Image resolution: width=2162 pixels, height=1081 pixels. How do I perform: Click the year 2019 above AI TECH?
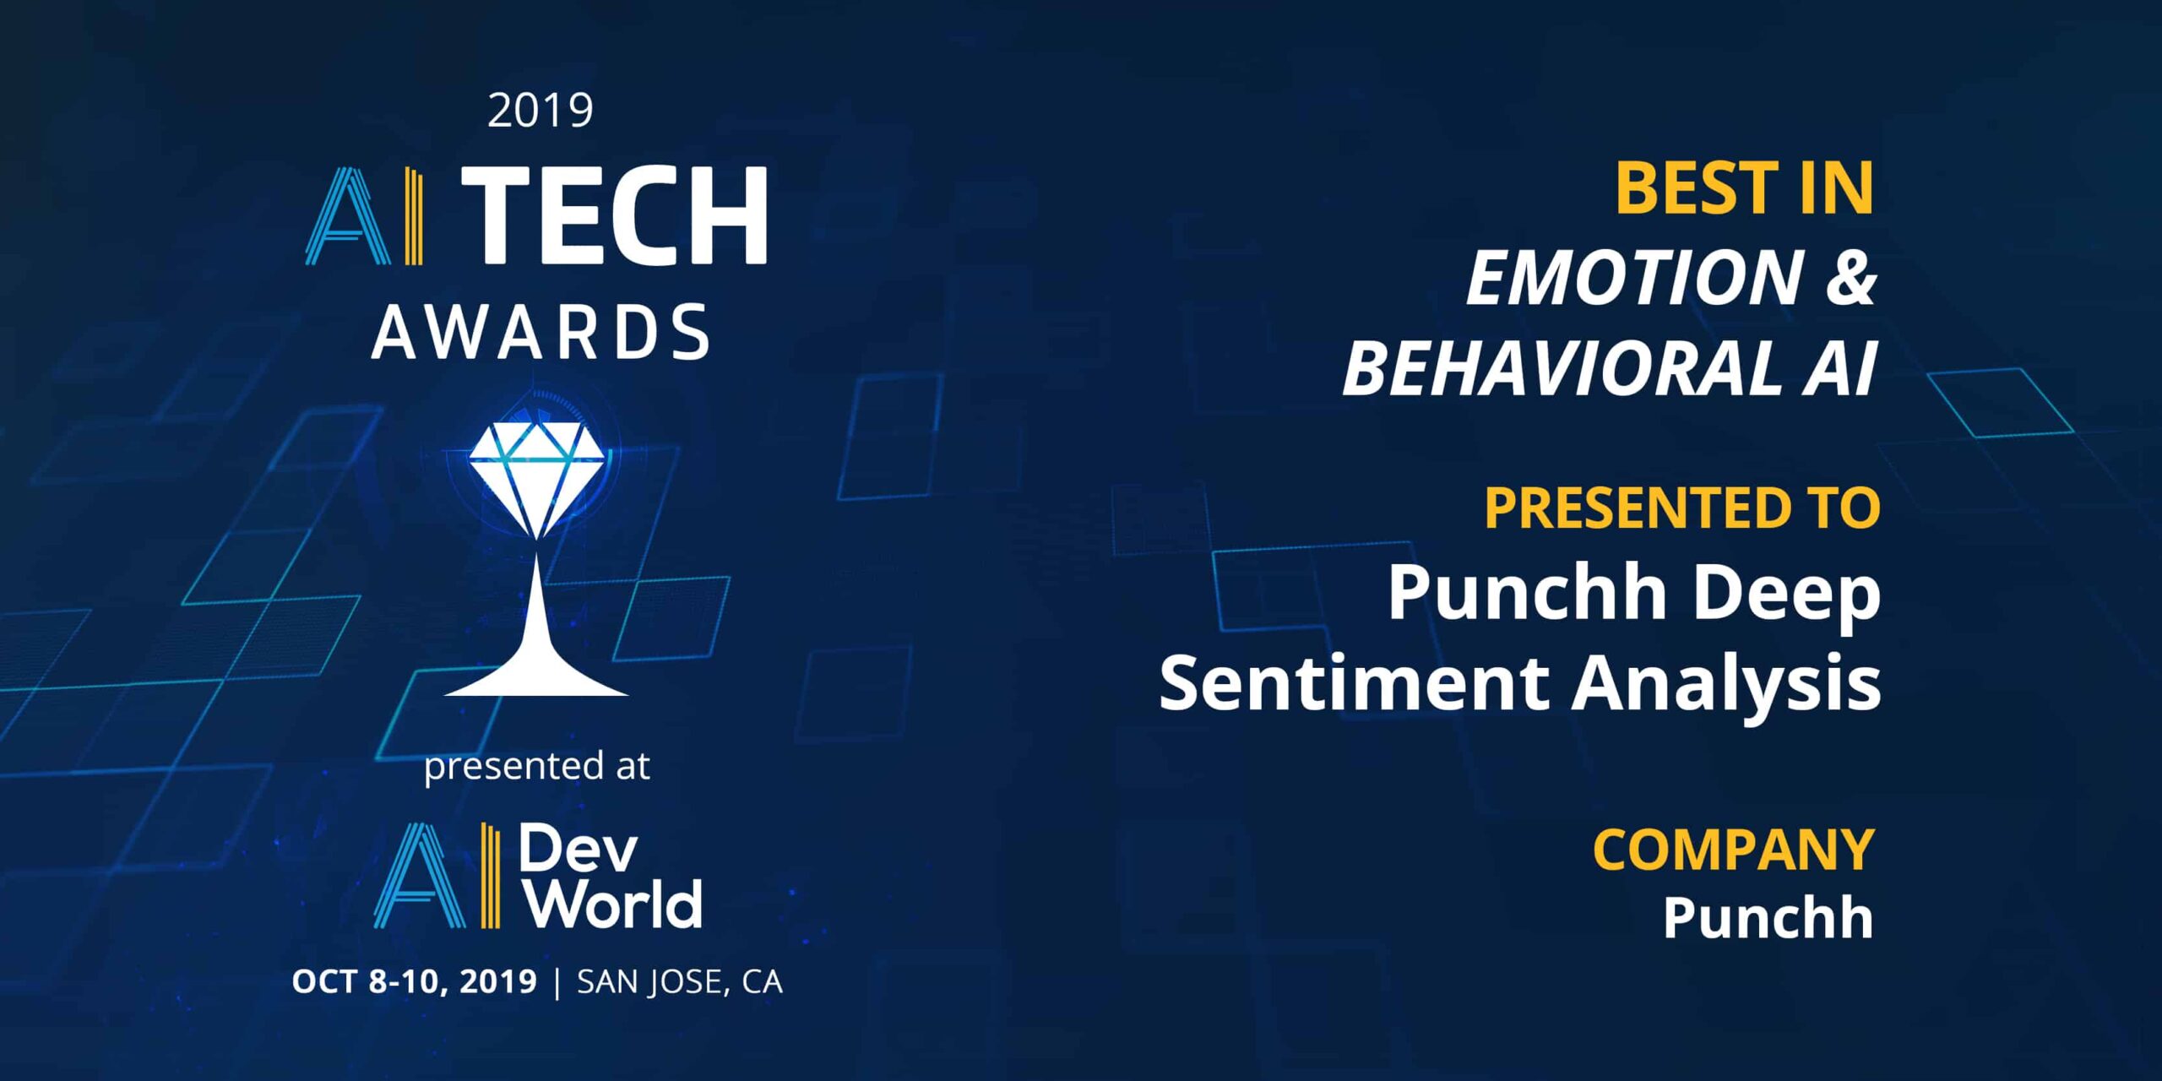point(540,111)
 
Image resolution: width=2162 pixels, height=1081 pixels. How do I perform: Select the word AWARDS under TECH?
point(540,332)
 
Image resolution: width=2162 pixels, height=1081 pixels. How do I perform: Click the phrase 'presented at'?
point(537,767)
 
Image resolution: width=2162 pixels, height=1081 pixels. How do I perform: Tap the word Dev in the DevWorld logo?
point(578,848)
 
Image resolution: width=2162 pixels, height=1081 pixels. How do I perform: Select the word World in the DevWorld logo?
point(612,904)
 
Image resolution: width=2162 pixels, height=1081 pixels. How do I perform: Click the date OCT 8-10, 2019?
point(415,981)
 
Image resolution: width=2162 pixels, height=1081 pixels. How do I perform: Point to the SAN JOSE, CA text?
point(680,981)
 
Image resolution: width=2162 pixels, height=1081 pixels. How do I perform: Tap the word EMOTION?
point(1634,278)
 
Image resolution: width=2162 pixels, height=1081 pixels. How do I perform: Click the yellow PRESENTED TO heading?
point(1682,508)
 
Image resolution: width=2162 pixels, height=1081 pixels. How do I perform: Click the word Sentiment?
point(1354,682)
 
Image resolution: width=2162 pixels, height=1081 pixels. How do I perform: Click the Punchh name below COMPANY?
point(1768,917)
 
